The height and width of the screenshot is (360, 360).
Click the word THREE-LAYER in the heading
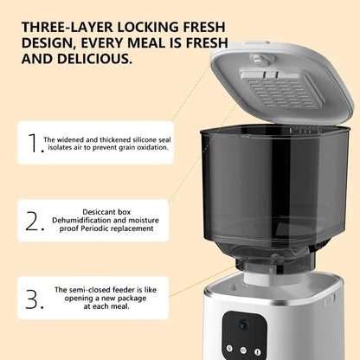pos(67,27)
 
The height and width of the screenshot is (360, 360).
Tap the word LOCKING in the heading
pos(148,27)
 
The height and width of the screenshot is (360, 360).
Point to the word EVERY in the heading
pos(103,43)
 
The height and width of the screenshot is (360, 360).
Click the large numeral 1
pos(33,143)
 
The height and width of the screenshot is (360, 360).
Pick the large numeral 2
pos(32,221)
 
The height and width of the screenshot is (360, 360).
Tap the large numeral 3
pos(32,299)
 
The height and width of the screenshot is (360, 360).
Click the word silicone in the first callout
pos(144,139)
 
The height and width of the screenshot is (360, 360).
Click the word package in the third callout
pos(132,299)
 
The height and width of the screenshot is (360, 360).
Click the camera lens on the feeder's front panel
pos(243,326)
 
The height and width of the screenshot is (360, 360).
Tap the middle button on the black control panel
pos(243,350)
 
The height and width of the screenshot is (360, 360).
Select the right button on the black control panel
pos(257,352)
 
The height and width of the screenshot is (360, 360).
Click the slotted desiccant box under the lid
pos(280,89)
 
